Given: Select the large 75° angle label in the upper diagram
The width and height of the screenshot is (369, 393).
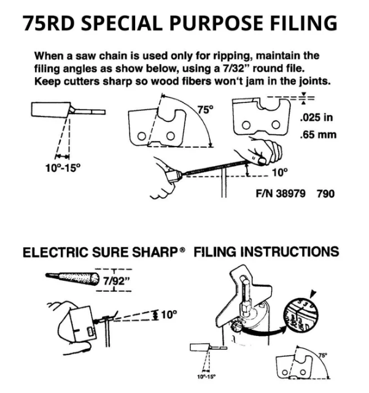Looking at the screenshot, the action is pos(205,110).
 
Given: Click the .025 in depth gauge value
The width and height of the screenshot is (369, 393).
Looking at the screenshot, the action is pos(316,117).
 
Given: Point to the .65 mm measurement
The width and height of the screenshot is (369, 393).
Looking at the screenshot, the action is pos(318,135).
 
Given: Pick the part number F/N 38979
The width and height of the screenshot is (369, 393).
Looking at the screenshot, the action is pos(281,194).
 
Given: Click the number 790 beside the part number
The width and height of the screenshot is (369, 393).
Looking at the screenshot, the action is pos(325,194).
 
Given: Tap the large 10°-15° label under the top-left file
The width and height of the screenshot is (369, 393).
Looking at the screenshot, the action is pos(63,167).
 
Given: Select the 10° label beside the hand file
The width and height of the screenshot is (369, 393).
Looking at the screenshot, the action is pos(280,172).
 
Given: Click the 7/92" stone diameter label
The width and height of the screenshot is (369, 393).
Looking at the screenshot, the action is pos(114,281).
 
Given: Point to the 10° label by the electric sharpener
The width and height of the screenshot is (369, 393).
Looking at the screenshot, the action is pos(169,315).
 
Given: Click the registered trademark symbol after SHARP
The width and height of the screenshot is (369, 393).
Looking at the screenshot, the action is pos(183,250).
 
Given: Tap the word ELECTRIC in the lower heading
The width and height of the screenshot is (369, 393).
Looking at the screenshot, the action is pos(55,253).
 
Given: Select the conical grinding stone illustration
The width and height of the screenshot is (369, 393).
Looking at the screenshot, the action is pos(72,278).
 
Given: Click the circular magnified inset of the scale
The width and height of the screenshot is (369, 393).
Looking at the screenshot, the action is pos(300,315).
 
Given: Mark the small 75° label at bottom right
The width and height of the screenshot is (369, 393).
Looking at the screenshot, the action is pos(322,355).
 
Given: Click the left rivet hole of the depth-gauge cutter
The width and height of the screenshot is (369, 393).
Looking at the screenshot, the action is pos(246,125).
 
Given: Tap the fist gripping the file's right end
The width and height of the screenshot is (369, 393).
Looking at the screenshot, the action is pos(265,151).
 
